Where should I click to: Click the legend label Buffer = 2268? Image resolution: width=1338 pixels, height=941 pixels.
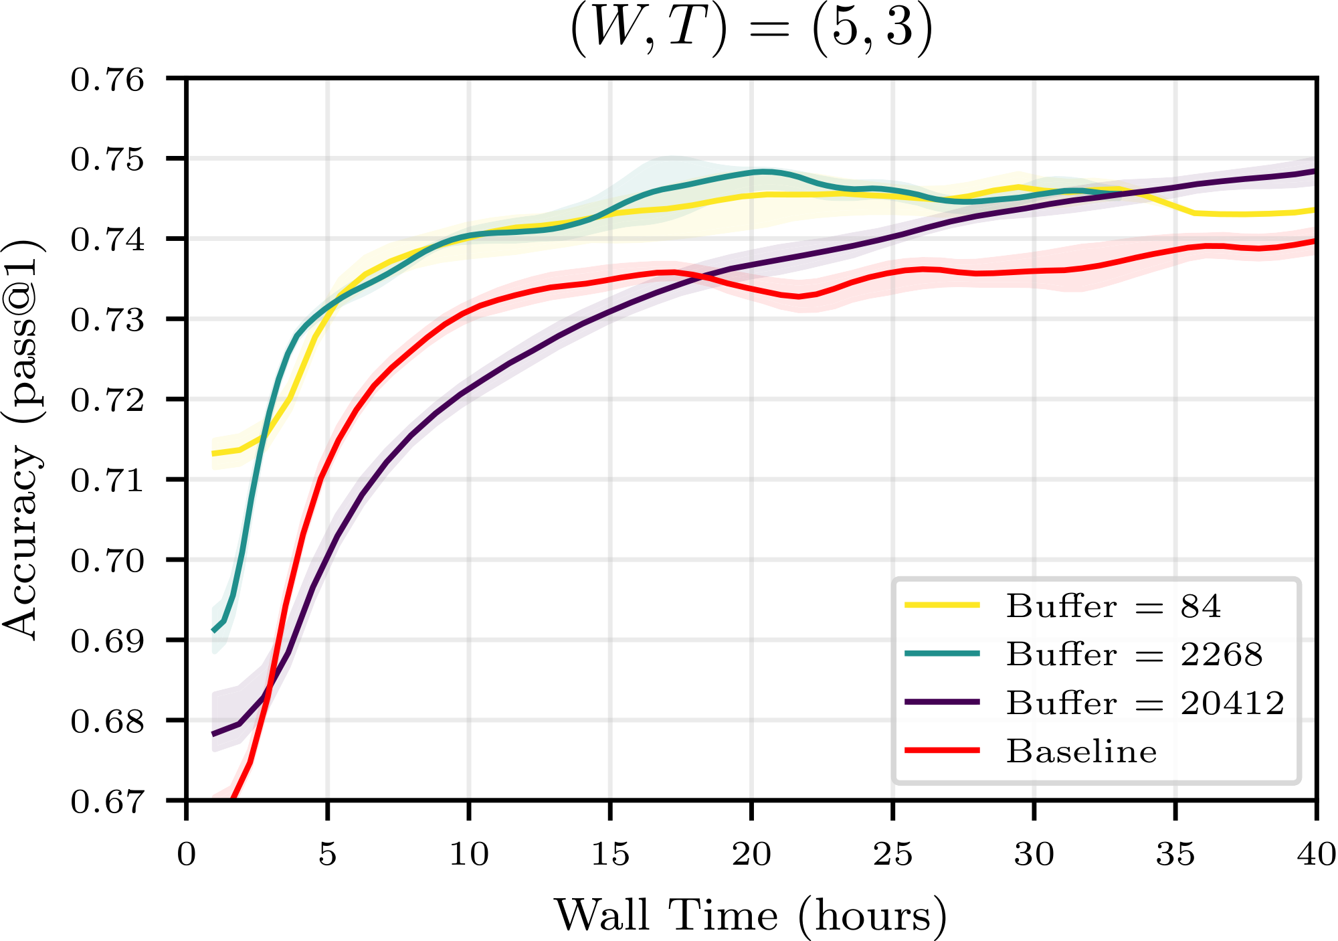tap(1134, 655)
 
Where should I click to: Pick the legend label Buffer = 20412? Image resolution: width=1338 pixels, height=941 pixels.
tap(1145, 703)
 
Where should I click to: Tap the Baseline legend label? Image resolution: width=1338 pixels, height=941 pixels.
tap(1081, 752)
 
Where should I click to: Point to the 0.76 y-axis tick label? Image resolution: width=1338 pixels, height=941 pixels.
tap(108, 80)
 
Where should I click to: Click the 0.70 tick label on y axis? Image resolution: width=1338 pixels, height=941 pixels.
tap(108, 560)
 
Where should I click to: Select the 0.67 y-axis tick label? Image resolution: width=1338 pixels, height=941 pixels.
tap(108, 801)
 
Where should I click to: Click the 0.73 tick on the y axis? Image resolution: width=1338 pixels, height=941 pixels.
tap(108, 320)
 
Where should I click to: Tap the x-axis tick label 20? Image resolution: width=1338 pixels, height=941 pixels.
tap(751, 855)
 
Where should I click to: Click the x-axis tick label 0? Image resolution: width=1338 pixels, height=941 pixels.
tap(186, 855)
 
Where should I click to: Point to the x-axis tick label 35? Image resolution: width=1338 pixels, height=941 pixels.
tap(1175, 855)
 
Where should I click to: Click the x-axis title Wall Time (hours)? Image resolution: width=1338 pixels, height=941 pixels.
tap(751, 915)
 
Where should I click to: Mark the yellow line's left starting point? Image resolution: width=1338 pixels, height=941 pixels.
tap(213, 454)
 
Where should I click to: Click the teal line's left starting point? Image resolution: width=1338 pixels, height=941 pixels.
tap(213, 630)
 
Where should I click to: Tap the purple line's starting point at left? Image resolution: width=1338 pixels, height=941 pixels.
tap(213, 734)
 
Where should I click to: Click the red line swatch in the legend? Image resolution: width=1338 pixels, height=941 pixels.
tap(942, 750)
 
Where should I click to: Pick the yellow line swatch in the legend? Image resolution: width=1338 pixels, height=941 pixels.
tap(942, 605)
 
